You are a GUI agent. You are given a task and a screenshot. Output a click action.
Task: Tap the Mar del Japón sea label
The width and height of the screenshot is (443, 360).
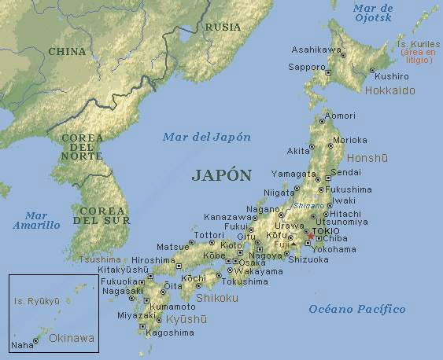207,137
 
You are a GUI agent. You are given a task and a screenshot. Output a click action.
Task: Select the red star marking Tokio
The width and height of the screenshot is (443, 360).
310,236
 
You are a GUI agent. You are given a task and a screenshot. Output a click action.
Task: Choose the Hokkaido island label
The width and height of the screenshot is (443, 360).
390,91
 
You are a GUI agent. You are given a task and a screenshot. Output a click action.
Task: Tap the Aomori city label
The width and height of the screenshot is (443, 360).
340,116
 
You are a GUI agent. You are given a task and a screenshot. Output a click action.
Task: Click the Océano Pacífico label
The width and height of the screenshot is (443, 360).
357,309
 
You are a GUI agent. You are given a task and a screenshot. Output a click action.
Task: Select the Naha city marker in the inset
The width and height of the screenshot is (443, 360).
35,340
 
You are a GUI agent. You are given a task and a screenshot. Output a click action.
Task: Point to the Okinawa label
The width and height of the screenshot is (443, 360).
71,338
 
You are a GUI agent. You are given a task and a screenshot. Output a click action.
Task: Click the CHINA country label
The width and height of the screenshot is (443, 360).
67,51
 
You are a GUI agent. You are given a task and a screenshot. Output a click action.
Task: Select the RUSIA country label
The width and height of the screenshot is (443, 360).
223,27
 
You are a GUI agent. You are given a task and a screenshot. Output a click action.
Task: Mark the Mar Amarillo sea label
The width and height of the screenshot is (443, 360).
36,220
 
